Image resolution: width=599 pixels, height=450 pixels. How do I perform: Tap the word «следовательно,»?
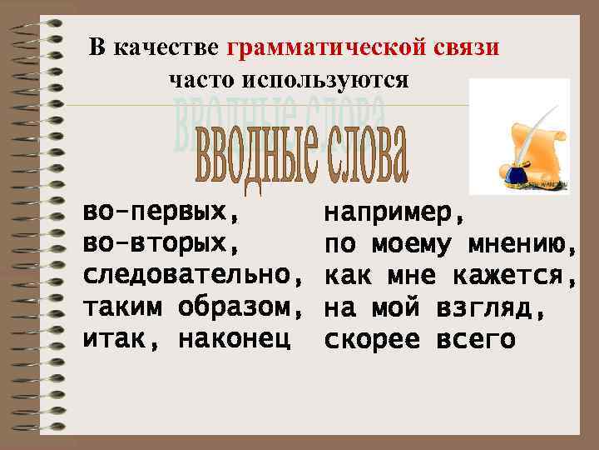coord(192,276)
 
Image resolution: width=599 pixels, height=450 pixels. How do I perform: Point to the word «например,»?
coord(394,214)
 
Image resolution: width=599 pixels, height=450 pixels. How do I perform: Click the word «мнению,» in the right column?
coord(522,246)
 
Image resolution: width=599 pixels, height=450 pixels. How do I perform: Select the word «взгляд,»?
coord(491,308)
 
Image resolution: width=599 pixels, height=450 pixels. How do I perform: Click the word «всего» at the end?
coord(475,340)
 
